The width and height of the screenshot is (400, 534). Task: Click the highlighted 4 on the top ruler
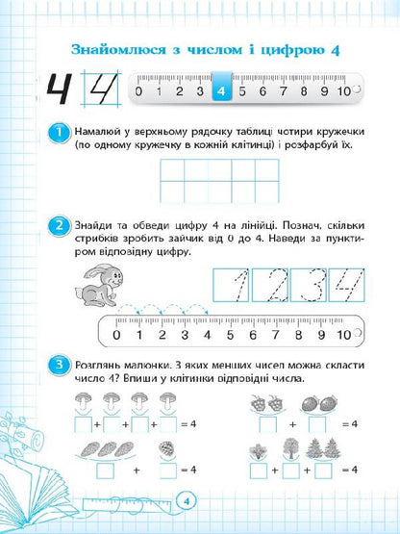click(221, 91)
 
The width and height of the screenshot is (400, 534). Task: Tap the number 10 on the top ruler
click(343, 91)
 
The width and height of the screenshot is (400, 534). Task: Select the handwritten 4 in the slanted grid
click(101, 92)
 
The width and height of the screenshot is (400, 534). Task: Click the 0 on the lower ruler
click(115, 336)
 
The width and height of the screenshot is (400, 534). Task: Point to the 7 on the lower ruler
click(276, 336)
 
